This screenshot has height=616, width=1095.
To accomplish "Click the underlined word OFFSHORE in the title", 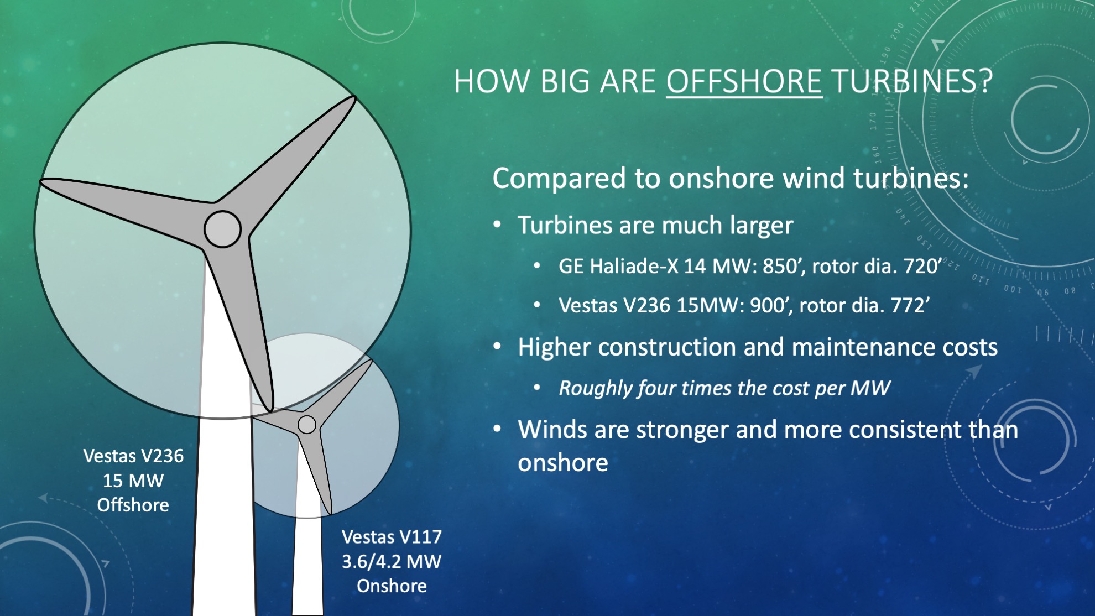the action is point(744,82).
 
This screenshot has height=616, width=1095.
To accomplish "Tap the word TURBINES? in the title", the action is point(912,82).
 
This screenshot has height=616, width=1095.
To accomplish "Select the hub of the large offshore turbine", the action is point(222,229).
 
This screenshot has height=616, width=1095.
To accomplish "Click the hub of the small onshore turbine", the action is point(307,425).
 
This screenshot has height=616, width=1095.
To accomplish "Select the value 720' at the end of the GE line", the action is point(922,267).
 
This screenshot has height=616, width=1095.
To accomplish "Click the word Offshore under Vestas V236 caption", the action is point(133,505).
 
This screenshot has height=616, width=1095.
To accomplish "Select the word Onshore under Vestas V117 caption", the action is point(392,586).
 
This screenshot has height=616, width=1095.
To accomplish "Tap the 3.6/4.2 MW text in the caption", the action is point(392,561).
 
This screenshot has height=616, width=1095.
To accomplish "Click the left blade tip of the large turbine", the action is point(42,181).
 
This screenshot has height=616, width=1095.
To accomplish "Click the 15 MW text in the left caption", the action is point(133,481).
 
